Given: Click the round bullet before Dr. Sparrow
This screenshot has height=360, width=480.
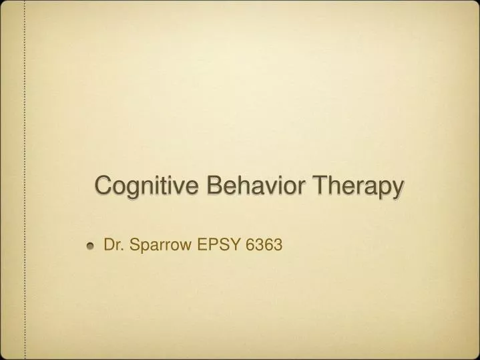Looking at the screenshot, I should click(91, 246).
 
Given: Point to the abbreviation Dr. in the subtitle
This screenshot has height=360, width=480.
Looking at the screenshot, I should click(113, 246).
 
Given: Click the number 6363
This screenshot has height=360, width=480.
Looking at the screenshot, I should click(264, 246).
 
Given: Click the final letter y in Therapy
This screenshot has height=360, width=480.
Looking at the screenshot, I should click(398, 188).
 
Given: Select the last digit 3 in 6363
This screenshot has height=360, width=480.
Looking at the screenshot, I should click(279, 246).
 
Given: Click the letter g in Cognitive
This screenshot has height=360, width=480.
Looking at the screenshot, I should click(130, 188).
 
